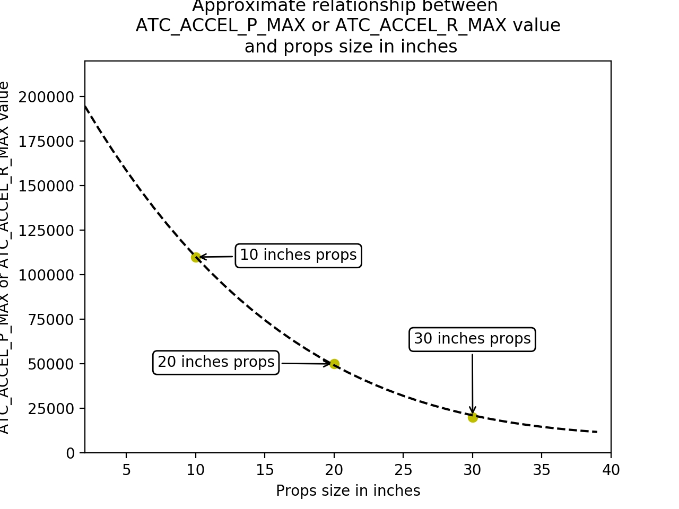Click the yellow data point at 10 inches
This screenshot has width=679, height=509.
196,257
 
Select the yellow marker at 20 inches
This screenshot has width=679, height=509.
334,364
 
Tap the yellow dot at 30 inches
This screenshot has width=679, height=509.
473,417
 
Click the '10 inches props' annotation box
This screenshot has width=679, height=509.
298,256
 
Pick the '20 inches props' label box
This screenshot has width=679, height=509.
216,363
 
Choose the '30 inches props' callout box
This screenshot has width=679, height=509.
472,339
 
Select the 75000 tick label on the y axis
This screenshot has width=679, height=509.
50,320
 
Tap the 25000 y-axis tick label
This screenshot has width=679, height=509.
50,409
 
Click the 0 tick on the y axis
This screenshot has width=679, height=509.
71,453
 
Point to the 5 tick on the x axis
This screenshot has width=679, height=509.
126,470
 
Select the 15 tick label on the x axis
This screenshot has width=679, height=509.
265,470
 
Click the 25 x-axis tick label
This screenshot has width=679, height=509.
403,470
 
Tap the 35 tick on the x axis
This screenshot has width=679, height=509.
542,470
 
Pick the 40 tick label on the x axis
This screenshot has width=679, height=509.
611,470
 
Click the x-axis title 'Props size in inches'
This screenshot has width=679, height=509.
348,491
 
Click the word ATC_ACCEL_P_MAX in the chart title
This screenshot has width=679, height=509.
221,25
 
